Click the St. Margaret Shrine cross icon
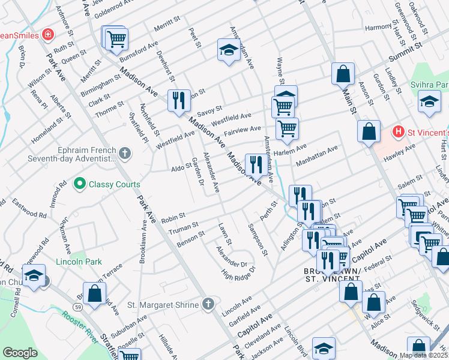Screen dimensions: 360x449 (x=208, y=305)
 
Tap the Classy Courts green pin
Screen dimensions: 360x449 (x=79, y=184)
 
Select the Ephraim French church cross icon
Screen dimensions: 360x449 (x=125, y=154)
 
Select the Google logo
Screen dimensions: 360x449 (x=20, y=353)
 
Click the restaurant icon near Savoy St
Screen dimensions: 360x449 (x=178, y=100)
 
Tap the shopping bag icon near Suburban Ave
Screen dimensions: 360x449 (x=94, y=295)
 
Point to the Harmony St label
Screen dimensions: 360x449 (x=379, y=27)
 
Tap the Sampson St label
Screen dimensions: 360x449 (x=257, y=239)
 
